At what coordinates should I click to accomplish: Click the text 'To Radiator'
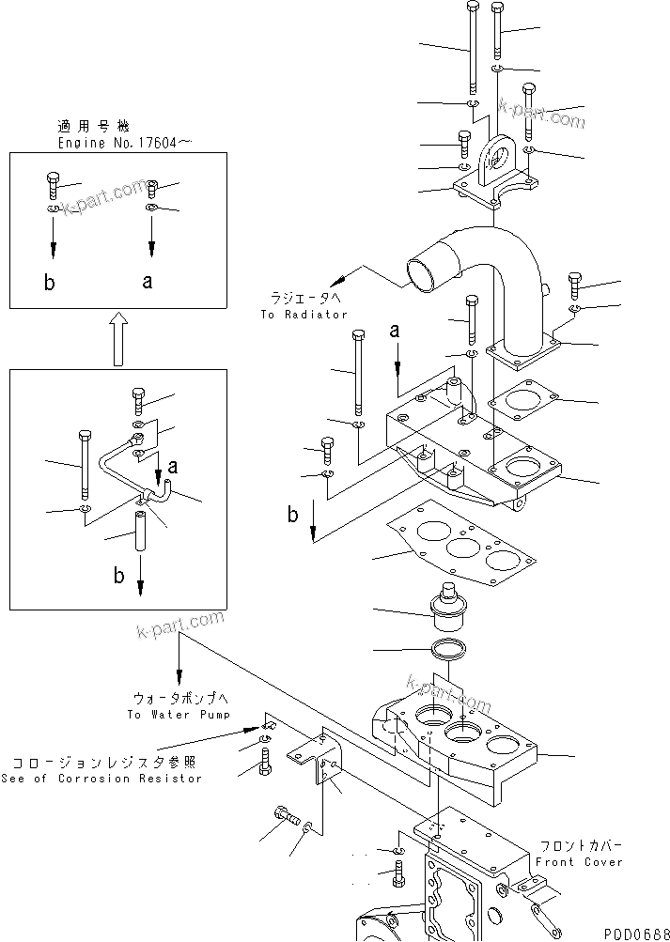pos(304,315)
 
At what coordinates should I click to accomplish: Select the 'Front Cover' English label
pos(578,861)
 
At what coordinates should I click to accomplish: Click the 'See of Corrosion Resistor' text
pos(101,778)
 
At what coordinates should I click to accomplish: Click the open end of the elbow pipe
pos(420,272)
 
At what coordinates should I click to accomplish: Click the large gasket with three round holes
pos(455,549)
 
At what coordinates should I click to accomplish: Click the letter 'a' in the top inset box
pos(148,281)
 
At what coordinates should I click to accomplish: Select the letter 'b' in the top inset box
pos(49,283)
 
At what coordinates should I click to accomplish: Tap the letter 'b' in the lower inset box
pos(118,576)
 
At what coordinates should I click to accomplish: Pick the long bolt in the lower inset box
pos(84,466)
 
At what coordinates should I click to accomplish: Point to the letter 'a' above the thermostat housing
pos(396,331)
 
